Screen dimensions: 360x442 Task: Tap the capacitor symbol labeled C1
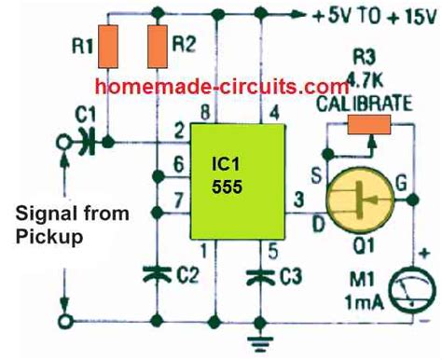click(x=81, y=142)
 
